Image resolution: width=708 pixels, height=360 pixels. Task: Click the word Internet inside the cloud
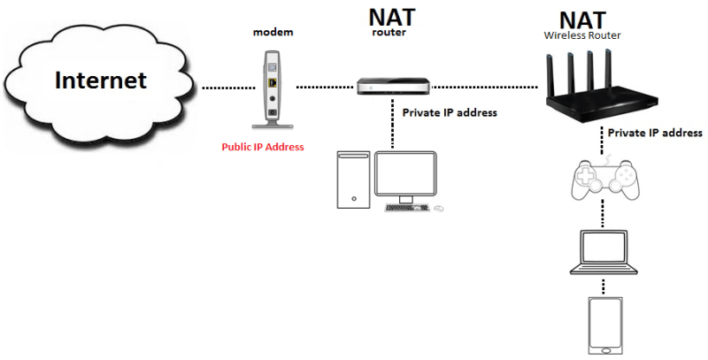(101, 81)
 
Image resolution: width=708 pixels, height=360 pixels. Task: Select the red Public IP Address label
(263, 147)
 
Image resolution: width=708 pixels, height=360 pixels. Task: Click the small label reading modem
(273, 32)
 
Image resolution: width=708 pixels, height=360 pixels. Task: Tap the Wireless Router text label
(581, 35)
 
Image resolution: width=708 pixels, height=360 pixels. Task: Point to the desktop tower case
(353, 180)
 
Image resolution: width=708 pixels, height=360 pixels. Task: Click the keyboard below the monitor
(407, 209)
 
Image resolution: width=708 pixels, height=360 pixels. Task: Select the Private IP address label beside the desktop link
(450, 113)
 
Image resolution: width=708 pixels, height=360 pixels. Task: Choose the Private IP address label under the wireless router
(655, 133)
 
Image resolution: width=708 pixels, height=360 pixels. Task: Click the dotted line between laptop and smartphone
(604, 288)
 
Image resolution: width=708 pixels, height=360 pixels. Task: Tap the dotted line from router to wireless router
(486, 88)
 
